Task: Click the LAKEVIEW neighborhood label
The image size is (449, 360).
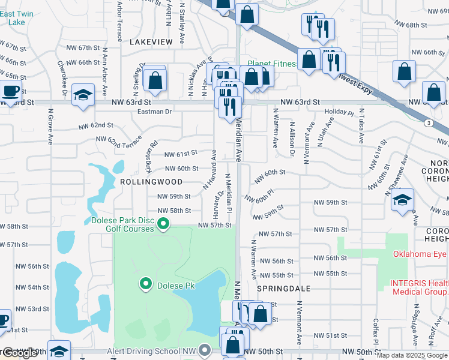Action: [x=150, y=41]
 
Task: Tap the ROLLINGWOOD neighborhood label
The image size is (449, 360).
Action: [x=143, y=181]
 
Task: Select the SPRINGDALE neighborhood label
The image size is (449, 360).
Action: [x=283, y=289]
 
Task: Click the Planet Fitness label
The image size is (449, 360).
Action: [x=273, y=64]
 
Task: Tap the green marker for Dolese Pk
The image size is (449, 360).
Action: [x=145, y=283]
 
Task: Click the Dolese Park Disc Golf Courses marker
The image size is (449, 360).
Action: [x=163, y=224]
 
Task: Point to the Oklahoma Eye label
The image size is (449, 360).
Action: [x=420, y=254]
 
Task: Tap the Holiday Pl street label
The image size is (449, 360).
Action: [x=339, y=112]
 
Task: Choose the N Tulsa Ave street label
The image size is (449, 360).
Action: [x=362, y=125]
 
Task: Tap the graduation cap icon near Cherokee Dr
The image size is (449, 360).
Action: [x=83, y=95]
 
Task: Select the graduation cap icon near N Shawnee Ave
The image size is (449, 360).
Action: [x=403, y=201]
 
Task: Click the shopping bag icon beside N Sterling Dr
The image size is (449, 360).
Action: [x=155, y=80]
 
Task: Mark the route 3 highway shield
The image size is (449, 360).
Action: [x=429, y=123]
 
